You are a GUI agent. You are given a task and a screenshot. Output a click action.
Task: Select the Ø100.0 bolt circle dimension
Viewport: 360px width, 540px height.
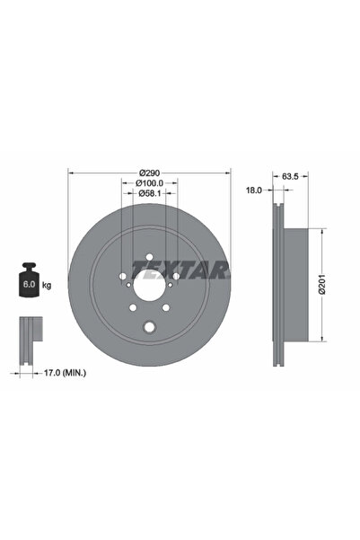149,184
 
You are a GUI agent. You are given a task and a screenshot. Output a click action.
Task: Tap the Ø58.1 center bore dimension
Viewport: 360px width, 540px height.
149,196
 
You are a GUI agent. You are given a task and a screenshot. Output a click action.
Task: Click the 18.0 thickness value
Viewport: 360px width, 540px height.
254,190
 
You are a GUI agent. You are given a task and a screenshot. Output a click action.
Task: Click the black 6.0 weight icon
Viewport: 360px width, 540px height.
27,282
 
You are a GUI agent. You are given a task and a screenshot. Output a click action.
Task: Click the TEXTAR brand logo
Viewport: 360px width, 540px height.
181,268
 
